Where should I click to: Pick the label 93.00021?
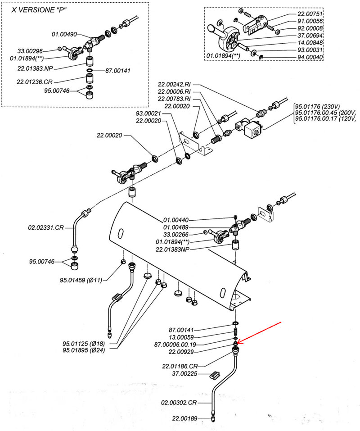(149, 113)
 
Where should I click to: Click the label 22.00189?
(185, 418)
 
